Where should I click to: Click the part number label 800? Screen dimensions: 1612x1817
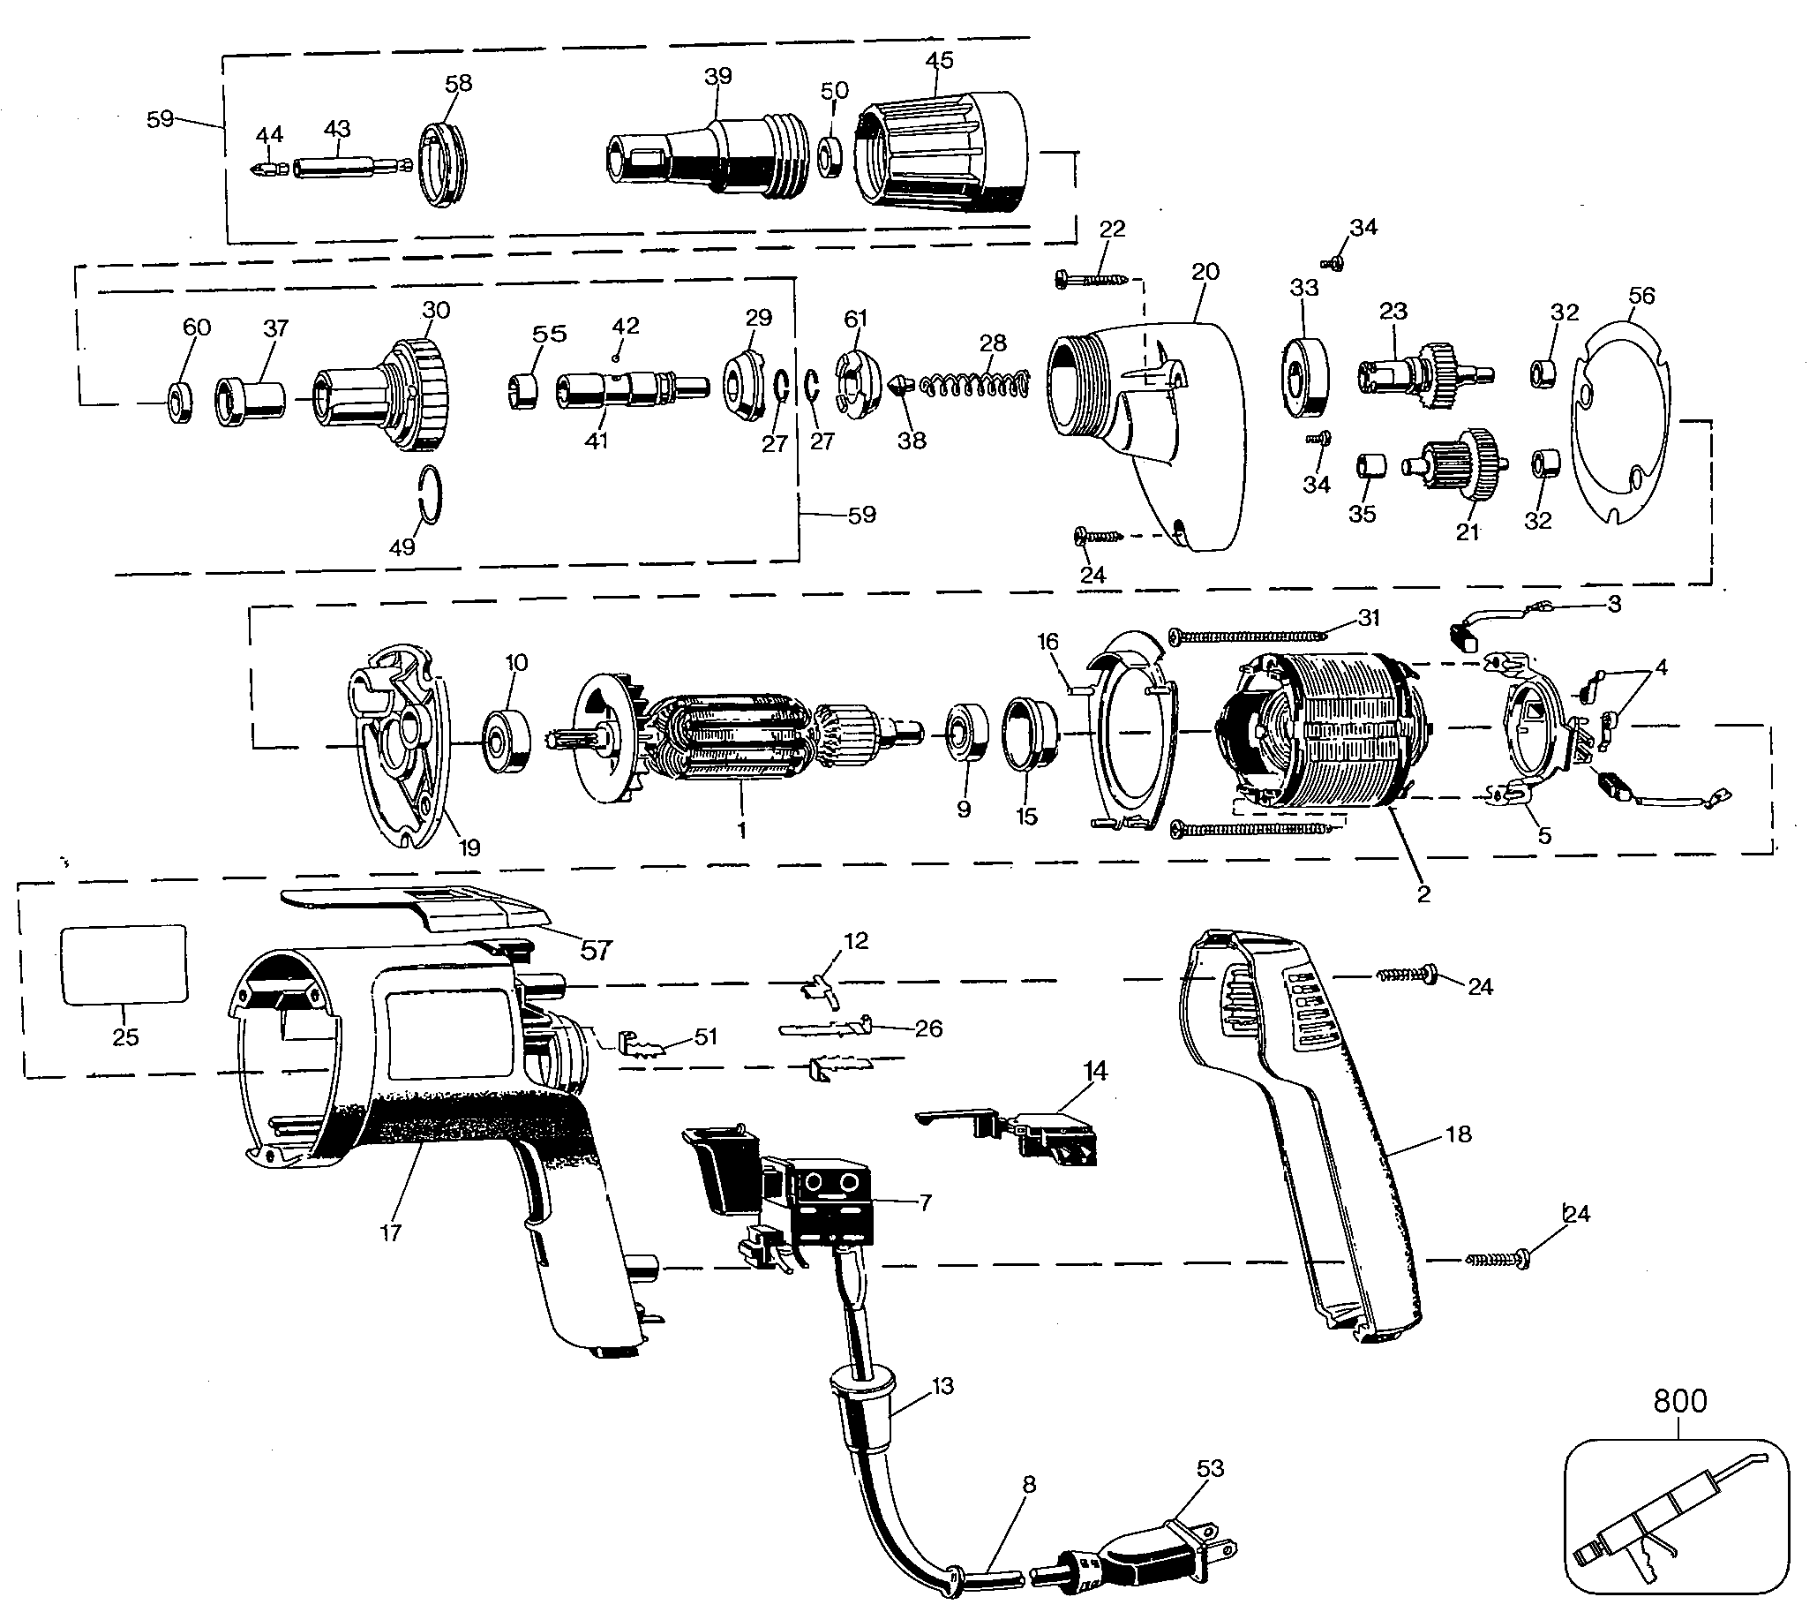pyautogui.click(x=1679, y=1401)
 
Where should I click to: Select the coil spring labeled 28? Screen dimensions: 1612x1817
pyautogui.click(x=976, y=385)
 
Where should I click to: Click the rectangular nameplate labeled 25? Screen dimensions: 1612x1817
pyautogui.click(x=124, y=965)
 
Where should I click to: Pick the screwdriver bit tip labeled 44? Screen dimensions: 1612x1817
pyautogui.click(x=267, y=168)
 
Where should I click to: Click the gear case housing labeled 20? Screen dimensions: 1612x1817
pyautogui.click(x=1146, y=426)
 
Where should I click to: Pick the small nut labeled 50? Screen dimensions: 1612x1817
pyautogui.click(x=832, y=156)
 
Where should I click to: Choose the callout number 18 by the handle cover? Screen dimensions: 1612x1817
pyautogui.click(x=1458, y=1134)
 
